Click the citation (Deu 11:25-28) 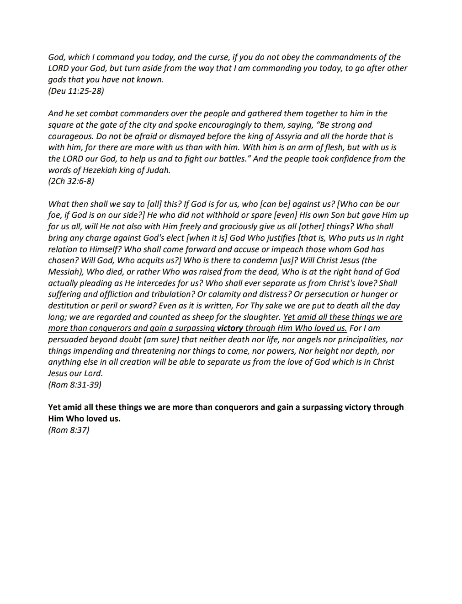click(x=76, y=91)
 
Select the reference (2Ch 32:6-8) click(x=71, y=181)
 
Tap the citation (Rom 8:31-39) click(x=74, y=384)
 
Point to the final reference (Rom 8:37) click(x=69, y=430)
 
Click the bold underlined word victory click(x=230, y=328)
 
